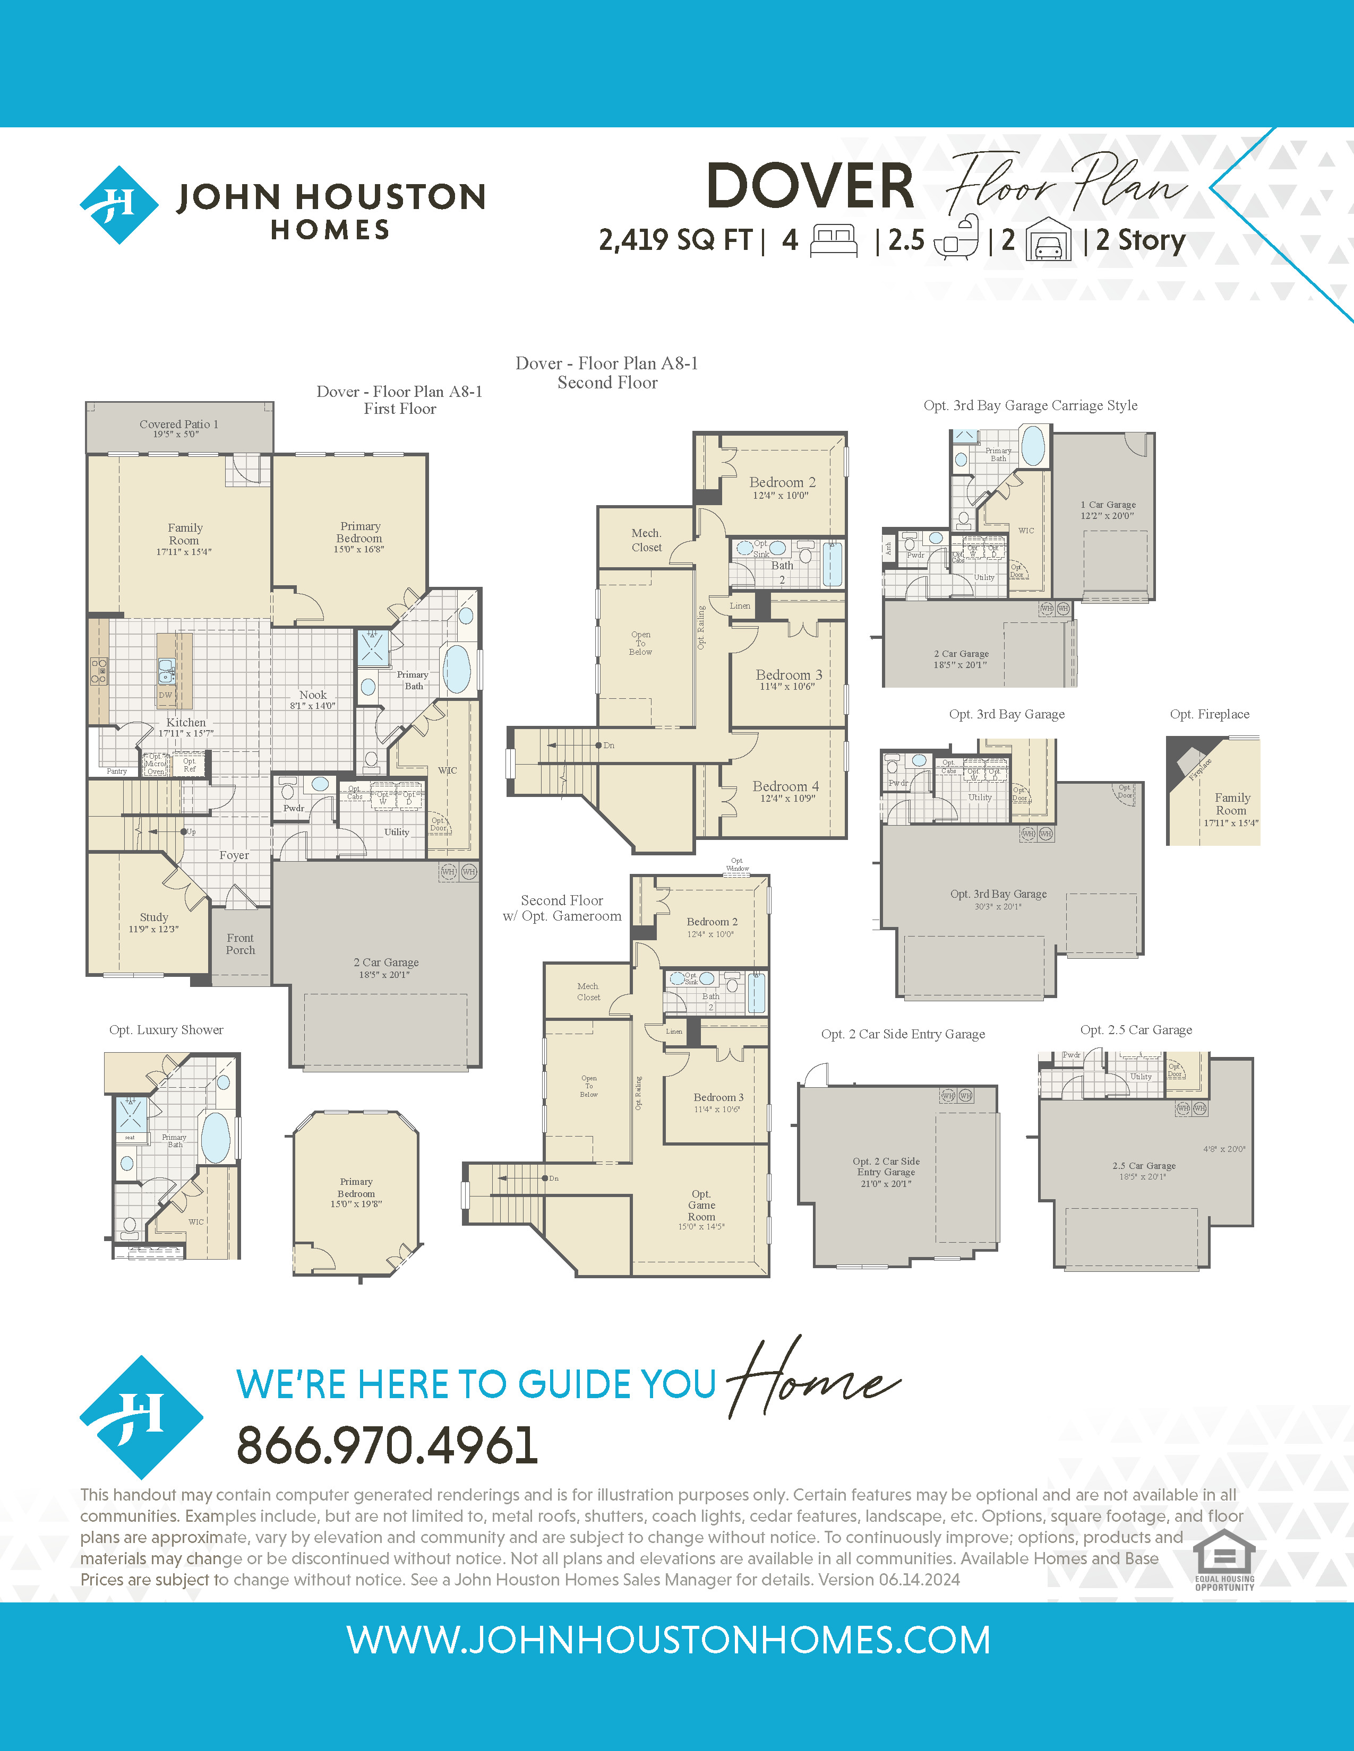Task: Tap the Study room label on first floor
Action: point(154,917)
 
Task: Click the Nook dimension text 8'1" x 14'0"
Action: point(313,706)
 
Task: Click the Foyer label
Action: point(234,855)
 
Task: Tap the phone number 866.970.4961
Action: point(387,1445)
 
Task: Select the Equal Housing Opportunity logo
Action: point(1224,1559)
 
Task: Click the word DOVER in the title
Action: point(810,186)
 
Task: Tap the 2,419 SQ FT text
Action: point(675,240)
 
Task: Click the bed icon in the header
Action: point(834,240)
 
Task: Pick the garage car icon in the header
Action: point(1049,240)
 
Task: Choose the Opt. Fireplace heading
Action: point(1210,714)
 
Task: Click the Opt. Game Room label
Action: point(701,1205)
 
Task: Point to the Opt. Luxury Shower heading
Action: point(166,1030)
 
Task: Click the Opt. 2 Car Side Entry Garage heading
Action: point(903,1034)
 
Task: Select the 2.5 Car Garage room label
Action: point(1144,1166)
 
